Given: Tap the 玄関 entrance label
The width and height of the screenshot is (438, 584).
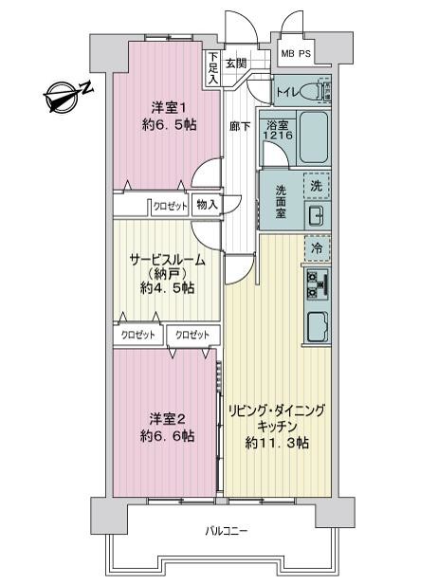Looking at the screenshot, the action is [236, 63].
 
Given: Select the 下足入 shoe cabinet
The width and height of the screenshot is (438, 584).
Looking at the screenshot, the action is [213, 68].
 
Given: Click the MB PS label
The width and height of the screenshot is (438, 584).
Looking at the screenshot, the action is [296, 54].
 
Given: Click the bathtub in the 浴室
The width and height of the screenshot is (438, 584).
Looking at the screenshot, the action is [314, 137].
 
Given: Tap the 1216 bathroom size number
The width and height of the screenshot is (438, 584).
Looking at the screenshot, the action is [278, 135].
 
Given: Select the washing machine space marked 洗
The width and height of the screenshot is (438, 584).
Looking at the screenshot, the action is [317, 186].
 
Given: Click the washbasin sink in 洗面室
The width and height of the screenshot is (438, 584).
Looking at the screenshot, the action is [318, 215].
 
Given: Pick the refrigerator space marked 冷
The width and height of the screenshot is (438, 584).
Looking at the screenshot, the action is [317, 247].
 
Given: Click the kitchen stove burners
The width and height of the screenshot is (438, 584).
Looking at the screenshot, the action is [317, 284].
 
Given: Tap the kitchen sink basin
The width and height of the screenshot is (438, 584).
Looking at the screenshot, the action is [318, 325].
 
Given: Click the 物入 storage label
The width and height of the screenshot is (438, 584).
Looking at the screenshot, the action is [207, 204].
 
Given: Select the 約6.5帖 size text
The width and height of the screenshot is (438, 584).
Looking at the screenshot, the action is [170, 125].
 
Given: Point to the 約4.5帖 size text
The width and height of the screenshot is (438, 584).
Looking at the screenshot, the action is [167, 287].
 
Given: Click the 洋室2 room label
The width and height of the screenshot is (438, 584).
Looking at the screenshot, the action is [167, 419].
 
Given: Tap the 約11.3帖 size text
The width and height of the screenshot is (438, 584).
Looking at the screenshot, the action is [277, 443].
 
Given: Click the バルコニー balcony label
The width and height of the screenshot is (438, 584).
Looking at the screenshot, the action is [226, 530].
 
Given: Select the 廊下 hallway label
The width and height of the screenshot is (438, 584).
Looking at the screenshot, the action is [240, 127].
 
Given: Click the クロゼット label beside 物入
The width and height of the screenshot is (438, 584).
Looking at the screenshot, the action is [171, 207].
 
